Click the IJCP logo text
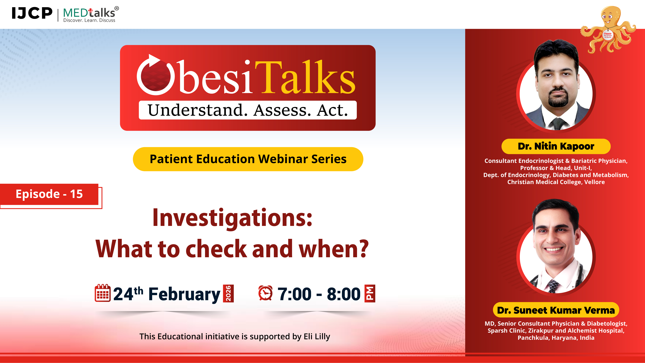click(32, 13)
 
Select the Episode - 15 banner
click(49, 194)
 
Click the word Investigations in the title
click(232, 218)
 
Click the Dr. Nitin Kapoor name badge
click(556, 146)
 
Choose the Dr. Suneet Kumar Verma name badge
click(556, 310)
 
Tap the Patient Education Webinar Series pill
click(248, 159)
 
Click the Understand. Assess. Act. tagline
click(248, 110)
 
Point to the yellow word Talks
click(305, 78)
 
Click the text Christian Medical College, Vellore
click(556, 182)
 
